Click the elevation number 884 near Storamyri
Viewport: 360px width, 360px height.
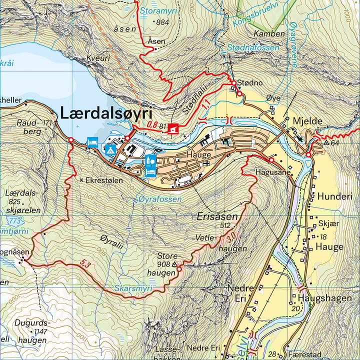click(x=162, y=22)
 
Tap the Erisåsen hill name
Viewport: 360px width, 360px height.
click(x=217, y=217)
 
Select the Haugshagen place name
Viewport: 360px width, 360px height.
click(x=324, y=298)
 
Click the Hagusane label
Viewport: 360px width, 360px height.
click(x=273, y=171)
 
